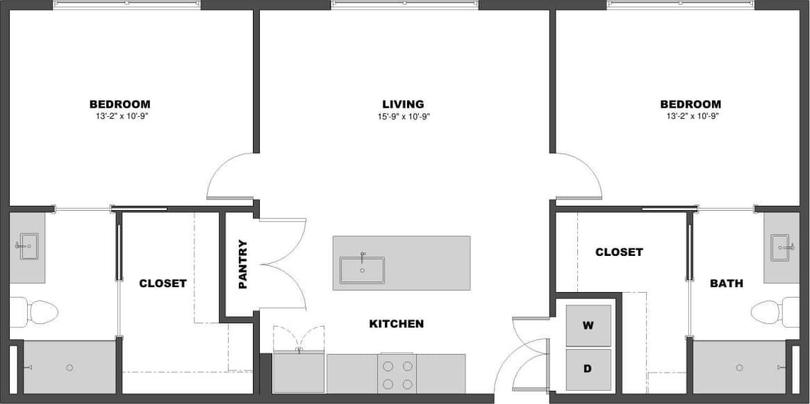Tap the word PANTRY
(242, 264)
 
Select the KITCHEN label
(396, 324)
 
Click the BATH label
(726, 283)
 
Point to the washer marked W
(588, 325)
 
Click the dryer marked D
(588, 369)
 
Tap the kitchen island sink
(362, 270)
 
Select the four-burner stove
(398, 374)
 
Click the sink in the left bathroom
(28, 245)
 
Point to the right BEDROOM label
(690, 104)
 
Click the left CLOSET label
(163, 283)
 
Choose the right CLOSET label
(618, 252)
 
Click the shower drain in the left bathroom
(69, 368)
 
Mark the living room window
(404, 5)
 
